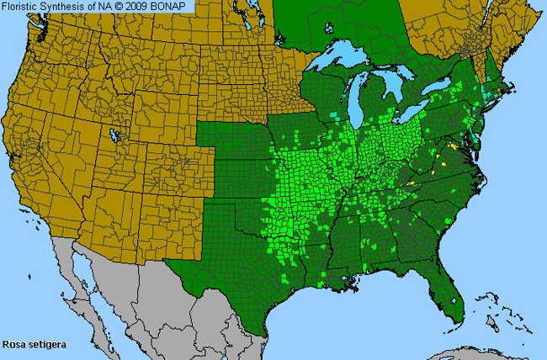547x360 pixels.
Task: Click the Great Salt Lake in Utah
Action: pyautogui.click(x=114, y=135)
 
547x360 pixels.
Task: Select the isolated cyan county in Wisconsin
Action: pyautogui.click(x=335, y=114)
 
